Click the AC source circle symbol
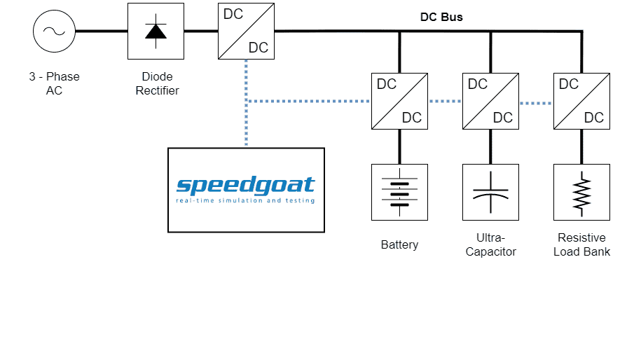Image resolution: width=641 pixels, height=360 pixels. point(54,32)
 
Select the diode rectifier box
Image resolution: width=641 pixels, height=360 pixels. point(155,31)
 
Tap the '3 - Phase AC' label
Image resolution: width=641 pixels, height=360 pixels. point(54,83)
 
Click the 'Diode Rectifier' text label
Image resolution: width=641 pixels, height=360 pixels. point(158,83)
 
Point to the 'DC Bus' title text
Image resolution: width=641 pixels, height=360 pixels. point(441,17)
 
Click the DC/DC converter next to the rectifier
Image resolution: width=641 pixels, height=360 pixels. point(246,31)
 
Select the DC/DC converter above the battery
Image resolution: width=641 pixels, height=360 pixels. point(399,101)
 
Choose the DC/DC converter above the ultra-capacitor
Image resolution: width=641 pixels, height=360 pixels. point(490,101)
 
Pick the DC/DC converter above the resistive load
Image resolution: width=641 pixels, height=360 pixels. point(581,101)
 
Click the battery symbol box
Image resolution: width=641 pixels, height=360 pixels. point(399,192)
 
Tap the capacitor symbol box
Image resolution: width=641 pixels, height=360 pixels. point(490,192)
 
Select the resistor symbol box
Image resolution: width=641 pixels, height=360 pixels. point(581,192)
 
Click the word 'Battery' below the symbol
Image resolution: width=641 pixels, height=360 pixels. point(399,244)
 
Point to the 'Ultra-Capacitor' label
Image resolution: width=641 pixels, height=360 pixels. point(490,244)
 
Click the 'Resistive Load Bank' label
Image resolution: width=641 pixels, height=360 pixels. point(581,244)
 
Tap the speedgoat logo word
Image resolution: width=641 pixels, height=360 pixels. point(245,186)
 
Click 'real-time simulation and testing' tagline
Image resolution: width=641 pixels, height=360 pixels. point(245,201)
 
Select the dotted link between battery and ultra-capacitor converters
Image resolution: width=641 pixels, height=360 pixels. point(445,102)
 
